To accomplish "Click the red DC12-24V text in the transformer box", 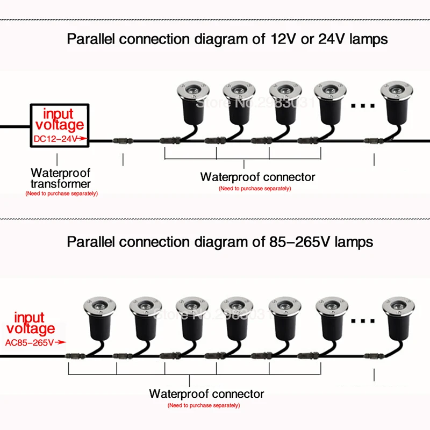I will (x=56, y=139).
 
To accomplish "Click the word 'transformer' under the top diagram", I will (x=60, y=184).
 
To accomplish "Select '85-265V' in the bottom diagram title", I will (x=299, y=241).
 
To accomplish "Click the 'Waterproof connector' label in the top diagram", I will (x=257, y=177).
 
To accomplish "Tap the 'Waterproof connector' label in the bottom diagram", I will (x=206, y=394).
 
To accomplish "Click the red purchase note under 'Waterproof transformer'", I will (x=62, y=193).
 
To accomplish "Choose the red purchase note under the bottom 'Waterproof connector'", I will (x=203, y=405).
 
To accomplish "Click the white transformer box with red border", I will (x=59, y=125).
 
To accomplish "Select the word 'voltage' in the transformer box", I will (x=59, y=125).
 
